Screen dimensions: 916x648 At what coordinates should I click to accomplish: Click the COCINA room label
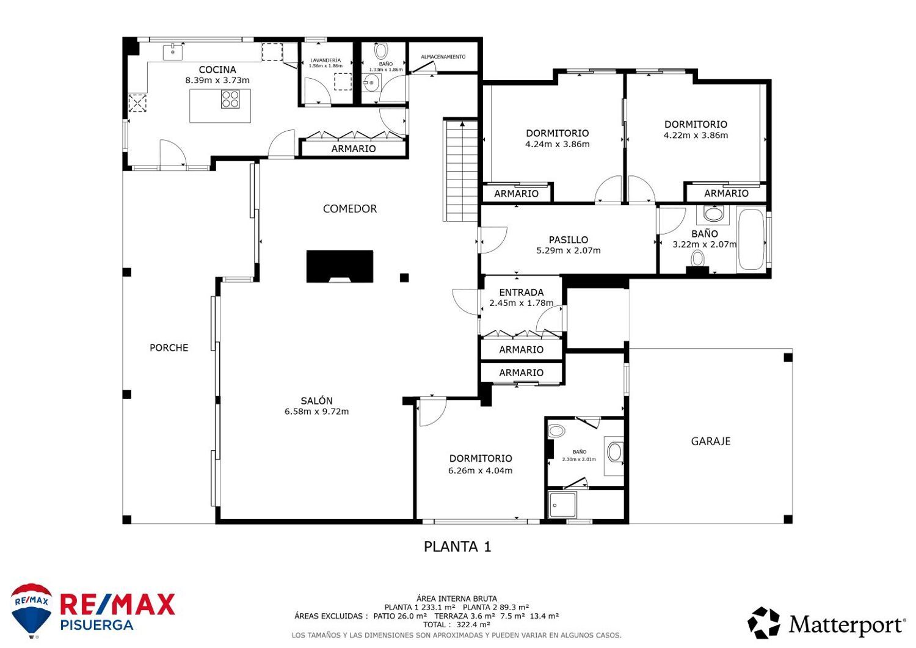pos(217,70)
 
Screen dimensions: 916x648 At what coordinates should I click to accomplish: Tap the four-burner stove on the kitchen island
pos(230,99)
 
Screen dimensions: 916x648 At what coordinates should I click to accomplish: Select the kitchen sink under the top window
pos(173,52)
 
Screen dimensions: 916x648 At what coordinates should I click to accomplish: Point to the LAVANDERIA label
pos(325,60)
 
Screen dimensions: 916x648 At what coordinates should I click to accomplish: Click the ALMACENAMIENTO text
pos(443,57)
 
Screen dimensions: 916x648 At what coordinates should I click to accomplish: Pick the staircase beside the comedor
pos(461,170)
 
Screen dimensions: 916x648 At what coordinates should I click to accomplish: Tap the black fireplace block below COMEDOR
pos(340,266)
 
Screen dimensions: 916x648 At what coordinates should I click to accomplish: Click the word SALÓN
pos(316,401)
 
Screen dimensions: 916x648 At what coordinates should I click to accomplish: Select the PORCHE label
pos(169,348)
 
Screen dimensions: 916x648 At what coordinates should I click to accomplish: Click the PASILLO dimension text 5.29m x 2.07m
pos(569,250)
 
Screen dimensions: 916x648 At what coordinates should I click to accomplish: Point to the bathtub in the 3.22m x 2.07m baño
pos(751,239)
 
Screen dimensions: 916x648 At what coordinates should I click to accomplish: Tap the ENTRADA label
pos(522,293)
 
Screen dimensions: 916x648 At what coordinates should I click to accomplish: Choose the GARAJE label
pos(711,441)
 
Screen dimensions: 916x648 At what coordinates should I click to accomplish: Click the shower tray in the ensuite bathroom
pos(562,505)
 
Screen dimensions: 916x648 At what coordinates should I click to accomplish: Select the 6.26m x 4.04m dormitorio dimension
pos(480,470)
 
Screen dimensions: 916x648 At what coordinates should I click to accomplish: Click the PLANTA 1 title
pos(457,547)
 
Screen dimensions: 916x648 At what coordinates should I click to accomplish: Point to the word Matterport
pos(846,625)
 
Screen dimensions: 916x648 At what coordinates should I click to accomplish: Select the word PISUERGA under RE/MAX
pos(97,625)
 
